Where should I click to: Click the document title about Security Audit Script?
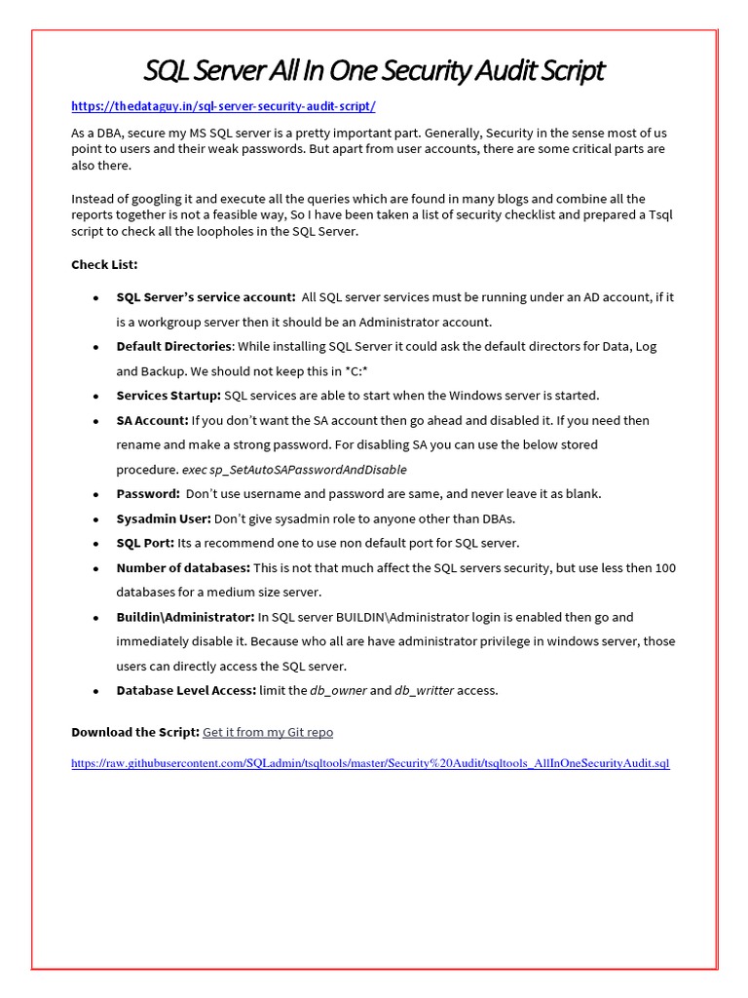click(374, 71)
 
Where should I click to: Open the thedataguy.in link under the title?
click(223, 106)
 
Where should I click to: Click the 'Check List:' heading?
click(104, 264)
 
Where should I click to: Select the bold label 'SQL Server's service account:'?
click(206, 297)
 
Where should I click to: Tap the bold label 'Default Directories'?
click(173, 346)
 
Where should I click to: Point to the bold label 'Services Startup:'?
click(168, 396)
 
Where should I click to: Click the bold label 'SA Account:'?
click(152, 420)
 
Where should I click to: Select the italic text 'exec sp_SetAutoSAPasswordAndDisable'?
click(294, 469)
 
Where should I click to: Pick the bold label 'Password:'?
click(148, 494)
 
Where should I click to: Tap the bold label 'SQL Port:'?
click(145, 543)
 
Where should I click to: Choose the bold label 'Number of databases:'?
click(183, 567)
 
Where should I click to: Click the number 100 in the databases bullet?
click(665, 567)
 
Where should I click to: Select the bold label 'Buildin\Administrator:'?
click(185, 617)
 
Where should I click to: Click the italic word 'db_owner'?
click(337, 690)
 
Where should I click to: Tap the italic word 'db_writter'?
click(424, 690)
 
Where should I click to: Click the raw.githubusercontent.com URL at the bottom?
click(370, 764)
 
